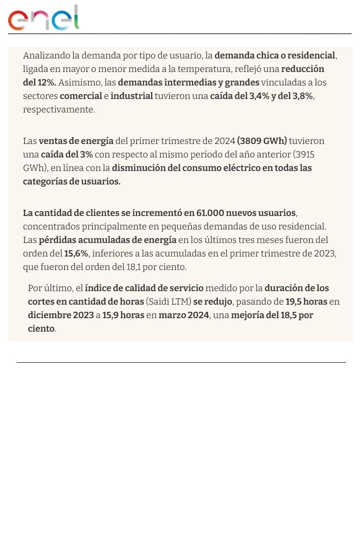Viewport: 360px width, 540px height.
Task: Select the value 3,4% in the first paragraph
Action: (259, 96)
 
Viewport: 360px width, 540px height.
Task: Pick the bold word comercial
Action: (81, 96)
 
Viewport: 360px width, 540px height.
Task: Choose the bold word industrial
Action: (131, 96)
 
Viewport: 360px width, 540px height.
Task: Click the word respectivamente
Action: (58, 110)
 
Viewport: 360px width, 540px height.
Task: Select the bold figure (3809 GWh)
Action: (262, 141)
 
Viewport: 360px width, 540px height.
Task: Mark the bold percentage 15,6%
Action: (76, 253)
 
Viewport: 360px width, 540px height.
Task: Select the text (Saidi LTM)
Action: (169, 301)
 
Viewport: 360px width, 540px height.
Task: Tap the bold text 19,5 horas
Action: (306, 301)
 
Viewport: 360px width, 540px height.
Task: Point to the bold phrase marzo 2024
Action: (184, 315)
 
